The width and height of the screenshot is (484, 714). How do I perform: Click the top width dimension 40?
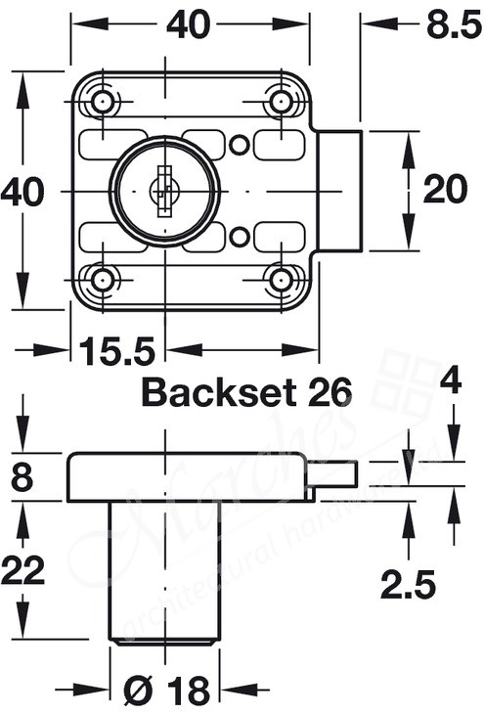coord(188,26)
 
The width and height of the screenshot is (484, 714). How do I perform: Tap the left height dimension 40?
coord(22,192)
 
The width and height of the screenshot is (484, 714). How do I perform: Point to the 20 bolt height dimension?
coord(445,192)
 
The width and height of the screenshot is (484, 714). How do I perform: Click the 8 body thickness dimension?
coord(21,478)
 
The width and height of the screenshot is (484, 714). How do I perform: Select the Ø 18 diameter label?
coord(165,692)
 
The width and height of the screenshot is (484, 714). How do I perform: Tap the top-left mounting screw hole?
coord(103,103)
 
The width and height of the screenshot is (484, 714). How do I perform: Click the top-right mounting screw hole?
coord(282,102)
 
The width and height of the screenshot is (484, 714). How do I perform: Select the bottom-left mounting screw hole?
coord(103,280)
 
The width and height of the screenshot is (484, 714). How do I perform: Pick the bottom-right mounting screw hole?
coord(282,280)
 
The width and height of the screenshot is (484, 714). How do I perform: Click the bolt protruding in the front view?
coord(340,191)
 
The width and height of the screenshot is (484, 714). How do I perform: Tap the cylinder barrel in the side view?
coord(165,567)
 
